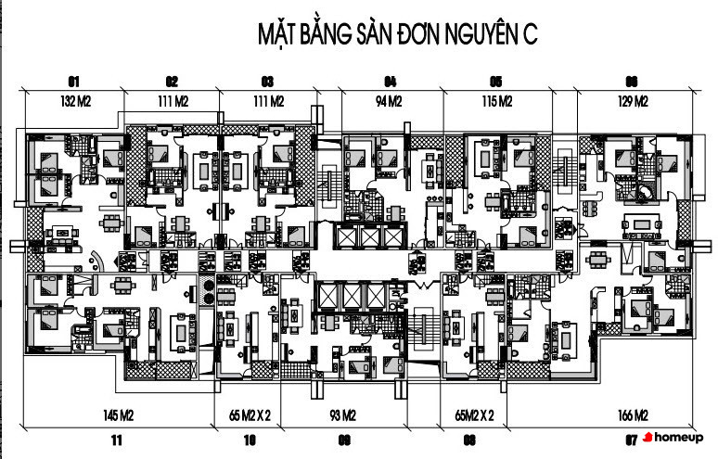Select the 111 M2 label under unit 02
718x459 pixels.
(x=173, y=101)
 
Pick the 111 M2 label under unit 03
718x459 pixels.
(x=267, y=101)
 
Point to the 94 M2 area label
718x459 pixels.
(x=389, y=101)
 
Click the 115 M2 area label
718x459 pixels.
(x=496, y=101)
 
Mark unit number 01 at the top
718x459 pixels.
(x=73, y=80)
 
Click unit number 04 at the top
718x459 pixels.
(x=390, y=80)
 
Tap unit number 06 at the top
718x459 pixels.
(x=632, y=80)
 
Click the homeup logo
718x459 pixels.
(x=673, y=436)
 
